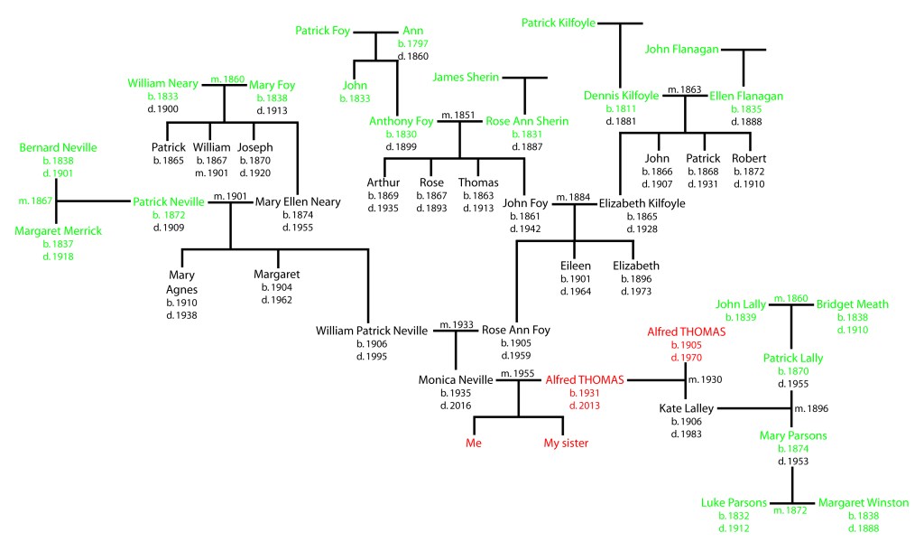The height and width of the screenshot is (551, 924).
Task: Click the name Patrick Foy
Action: (322, 30)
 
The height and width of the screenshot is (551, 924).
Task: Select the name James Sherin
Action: (466, 78)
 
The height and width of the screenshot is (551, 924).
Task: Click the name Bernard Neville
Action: (58, 147)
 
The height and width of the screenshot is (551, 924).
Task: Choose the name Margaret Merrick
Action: (58, 230)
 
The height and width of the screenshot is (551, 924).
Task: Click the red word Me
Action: (474, 444)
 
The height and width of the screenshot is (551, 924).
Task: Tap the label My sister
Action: (566, 444)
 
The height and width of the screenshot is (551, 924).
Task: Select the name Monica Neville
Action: (455, 380)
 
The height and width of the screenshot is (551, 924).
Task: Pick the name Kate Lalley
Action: (687, 408)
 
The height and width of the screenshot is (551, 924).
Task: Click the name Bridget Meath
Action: (853, 304)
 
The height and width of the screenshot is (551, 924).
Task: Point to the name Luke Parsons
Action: (735, 503)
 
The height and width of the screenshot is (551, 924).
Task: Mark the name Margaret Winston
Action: (864, 503)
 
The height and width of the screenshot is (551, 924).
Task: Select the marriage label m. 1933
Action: (456, 324)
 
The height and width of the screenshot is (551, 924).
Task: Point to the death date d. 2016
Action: (455, 406)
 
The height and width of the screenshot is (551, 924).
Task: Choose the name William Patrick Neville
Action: (371, 331)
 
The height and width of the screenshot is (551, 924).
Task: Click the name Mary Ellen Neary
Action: (298, 201)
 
